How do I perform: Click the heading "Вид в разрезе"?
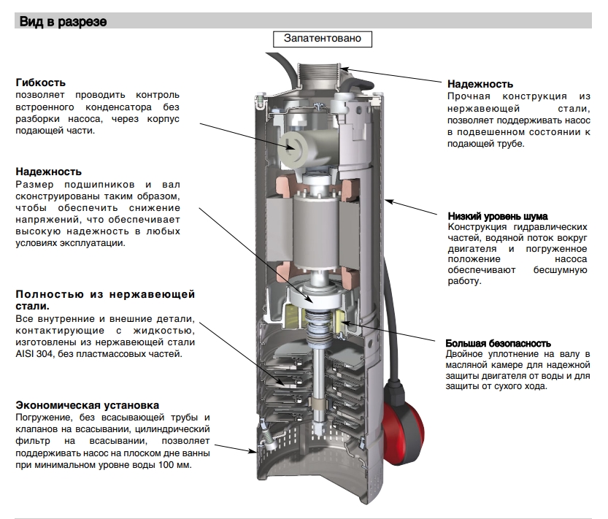pyautogui.click(x=64, y=22)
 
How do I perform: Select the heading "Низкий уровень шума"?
pyautogui.click(x=497, y=216)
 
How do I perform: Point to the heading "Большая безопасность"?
pyautogui.click(x=498, y=343)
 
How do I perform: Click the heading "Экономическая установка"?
pyautogui.click(x=87, y=405)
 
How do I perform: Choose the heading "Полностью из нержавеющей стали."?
pyautogui.click(x=105, y=300)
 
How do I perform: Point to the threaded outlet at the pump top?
pyautogui.click(x=327, y=75)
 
